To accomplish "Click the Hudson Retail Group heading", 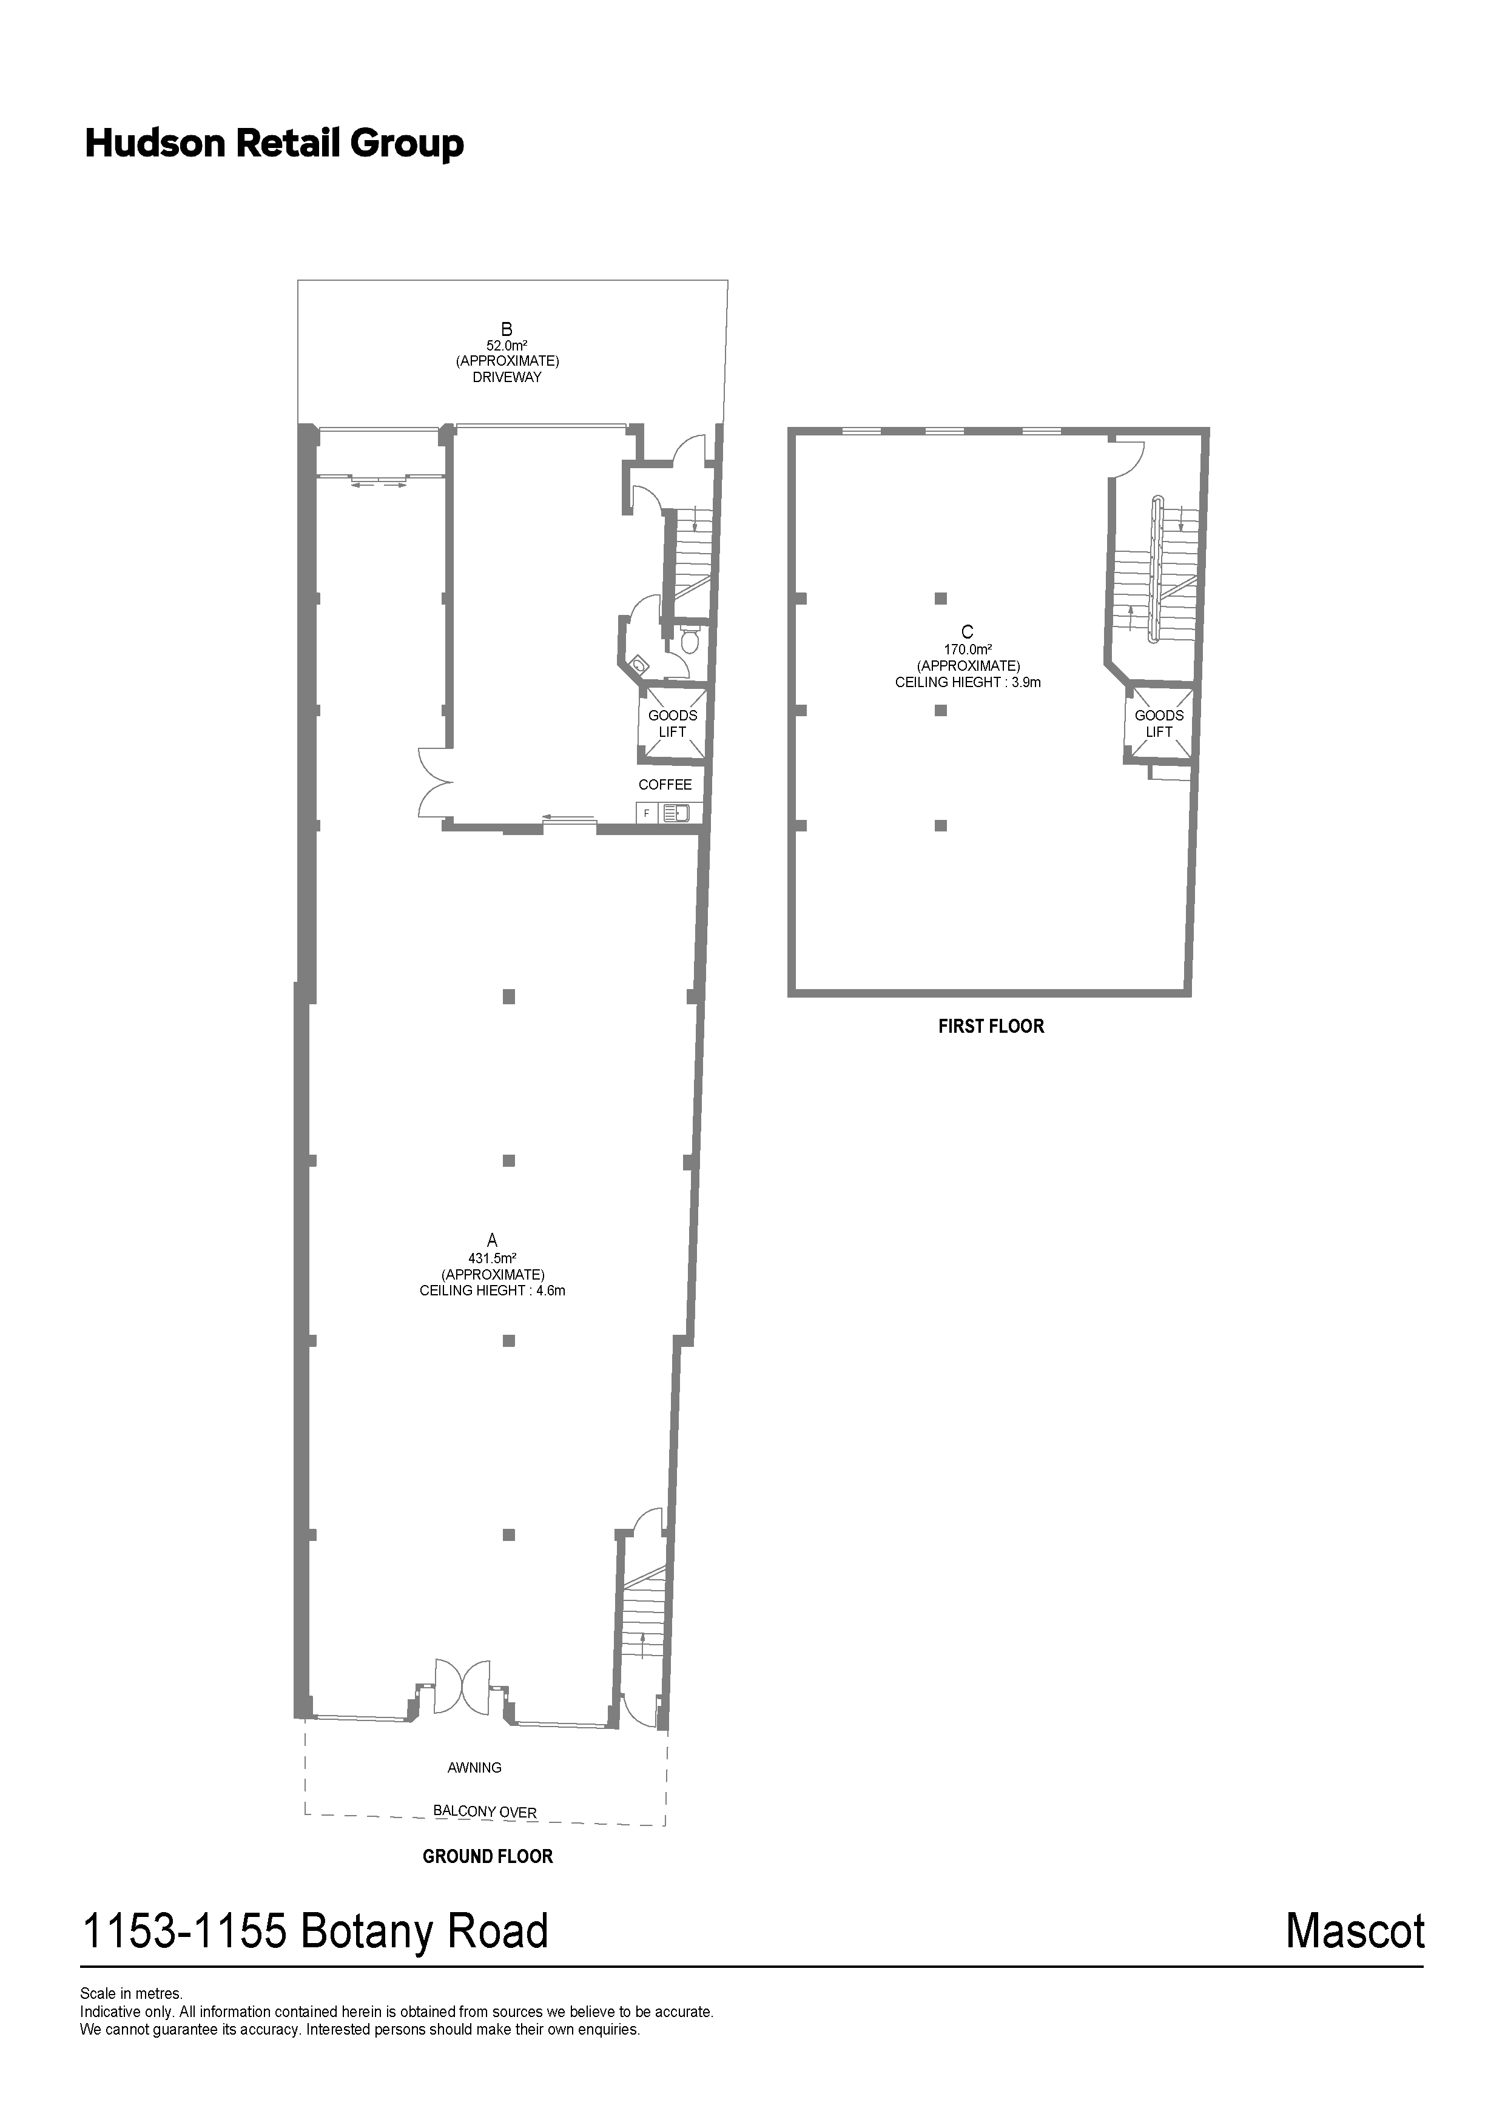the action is (x=274, y=144).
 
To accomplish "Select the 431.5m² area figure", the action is (x=493, y=1258).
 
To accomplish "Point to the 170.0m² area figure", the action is (x=968, y=649).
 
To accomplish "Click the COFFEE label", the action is (x=665, y=785).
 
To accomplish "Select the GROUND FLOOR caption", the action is (x=488, y=1856).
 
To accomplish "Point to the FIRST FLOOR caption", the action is (x=991, y=1026).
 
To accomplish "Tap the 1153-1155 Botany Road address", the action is (x=316, y=1932).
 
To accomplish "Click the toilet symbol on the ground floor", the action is (x=689, y=640).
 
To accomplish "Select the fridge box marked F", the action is (x=646, y=813).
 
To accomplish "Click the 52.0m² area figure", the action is (x=507, y=345).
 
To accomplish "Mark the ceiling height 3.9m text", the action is (x=968, y=682).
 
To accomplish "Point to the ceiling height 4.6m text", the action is (x=493, y=1290).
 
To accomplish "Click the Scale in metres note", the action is (x=132, y=1993).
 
